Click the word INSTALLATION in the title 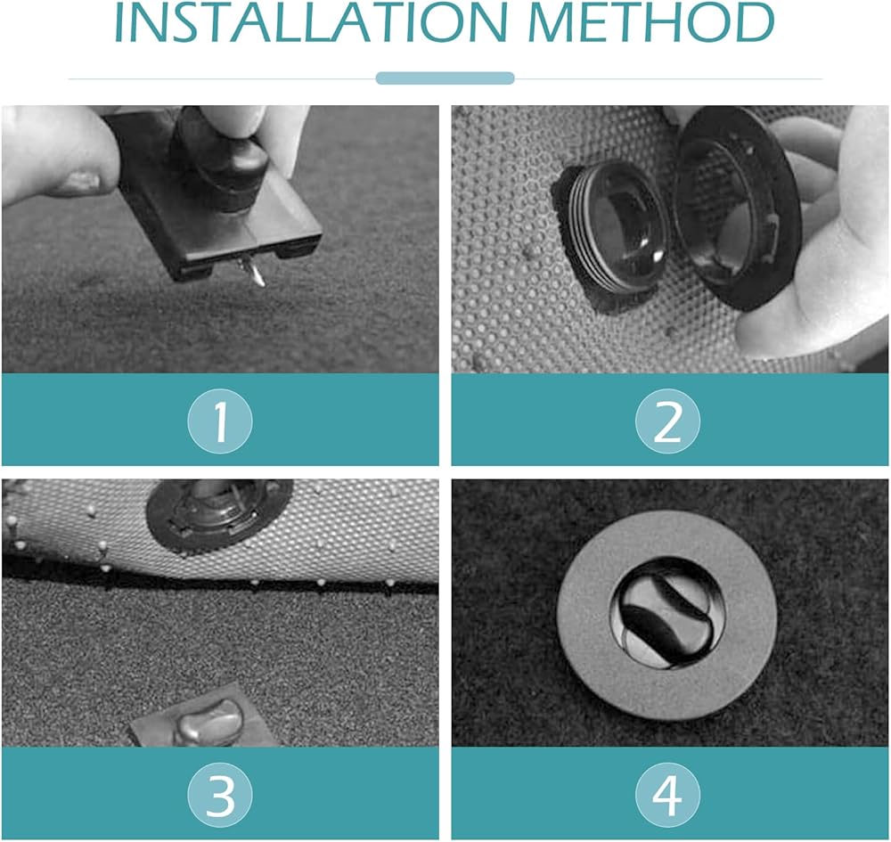(x=311, y=23)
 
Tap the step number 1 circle (x=220, y=421)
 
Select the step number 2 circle (x=667, y=421)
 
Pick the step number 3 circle (x=220, y=794)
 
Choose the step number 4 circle (x=667, y=794)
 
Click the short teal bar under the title (x=445, y=78)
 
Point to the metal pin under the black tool (x=252, y=271)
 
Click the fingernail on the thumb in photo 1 (x=81, y=181)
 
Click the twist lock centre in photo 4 (x=667, y=615)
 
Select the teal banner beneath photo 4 (x=670, y=793)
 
